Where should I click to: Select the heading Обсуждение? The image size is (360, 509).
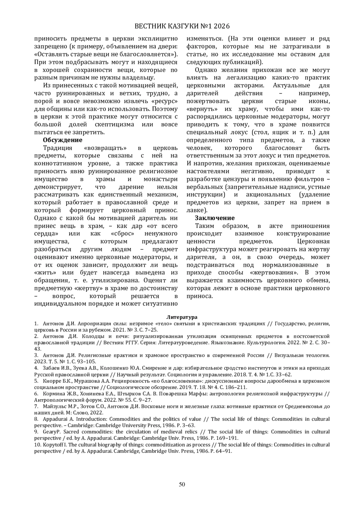[62, 140]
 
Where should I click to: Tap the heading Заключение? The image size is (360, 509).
[214, 218]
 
